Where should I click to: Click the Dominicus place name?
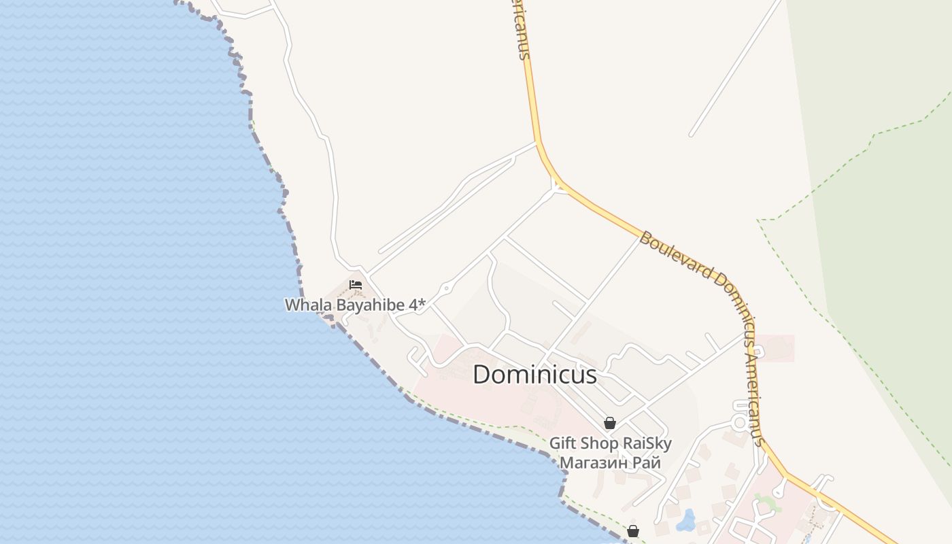coord(534,375)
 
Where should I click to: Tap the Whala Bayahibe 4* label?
coord(354,305)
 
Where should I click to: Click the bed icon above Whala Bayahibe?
coord(355,284)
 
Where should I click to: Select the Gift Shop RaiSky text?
coord(610,444)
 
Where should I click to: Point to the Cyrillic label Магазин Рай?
coord(610,463)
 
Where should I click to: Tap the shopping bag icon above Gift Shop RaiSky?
coord(610,423)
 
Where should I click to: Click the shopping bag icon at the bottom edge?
coord(633,531)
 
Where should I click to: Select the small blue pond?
coord(686,521)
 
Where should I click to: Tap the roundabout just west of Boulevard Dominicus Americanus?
coord(739,422)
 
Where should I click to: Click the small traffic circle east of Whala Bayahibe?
coord(446,289)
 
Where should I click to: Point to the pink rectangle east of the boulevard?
coord(775,347)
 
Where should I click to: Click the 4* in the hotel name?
coord(415,305)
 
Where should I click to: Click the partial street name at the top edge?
coord(521,31)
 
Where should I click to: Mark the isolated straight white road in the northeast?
coord(734,68)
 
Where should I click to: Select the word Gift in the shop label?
coord(562,444)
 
